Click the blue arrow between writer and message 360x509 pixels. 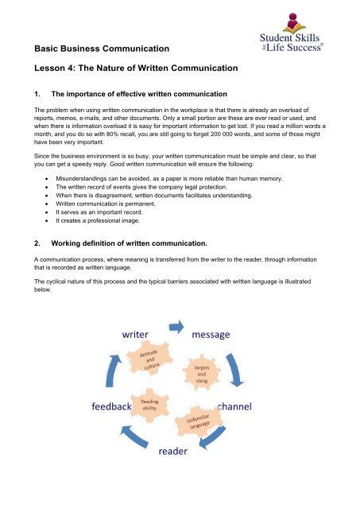coord(176,328)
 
